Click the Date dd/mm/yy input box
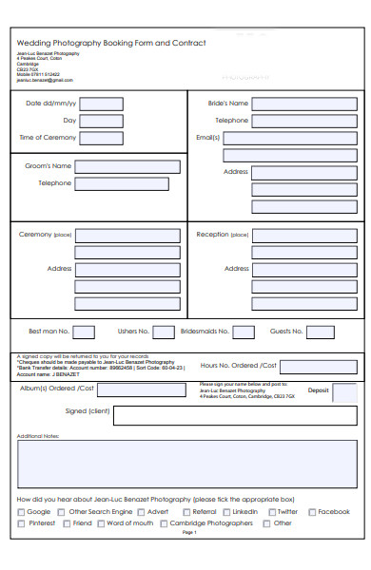pyautogui.click(x=103, y=104)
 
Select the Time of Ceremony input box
pyautogui.click(x=103, y=138)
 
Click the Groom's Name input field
pyautogui.click(x=127, y=166)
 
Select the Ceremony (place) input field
pyautogui.click(x=127, y=235)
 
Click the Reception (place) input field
pyautogui.click(x=304, y=235)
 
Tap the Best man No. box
pyautogui.click(x=84, y=332)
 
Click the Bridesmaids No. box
pyautogui.click(x=244, y=332)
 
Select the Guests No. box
pyautogui.click(x=321, y=332)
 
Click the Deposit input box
pyautogui.click(x=344, y=392)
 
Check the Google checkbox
pyautogui.click(x=21, y=512)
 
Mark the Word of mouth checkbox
pyautogui.click(x=100, y=523)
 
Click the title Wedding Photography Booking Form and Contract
pyautogui.click(x=111, y=44)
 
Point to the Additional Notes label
pyautogui.click(x=38, y=436)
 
